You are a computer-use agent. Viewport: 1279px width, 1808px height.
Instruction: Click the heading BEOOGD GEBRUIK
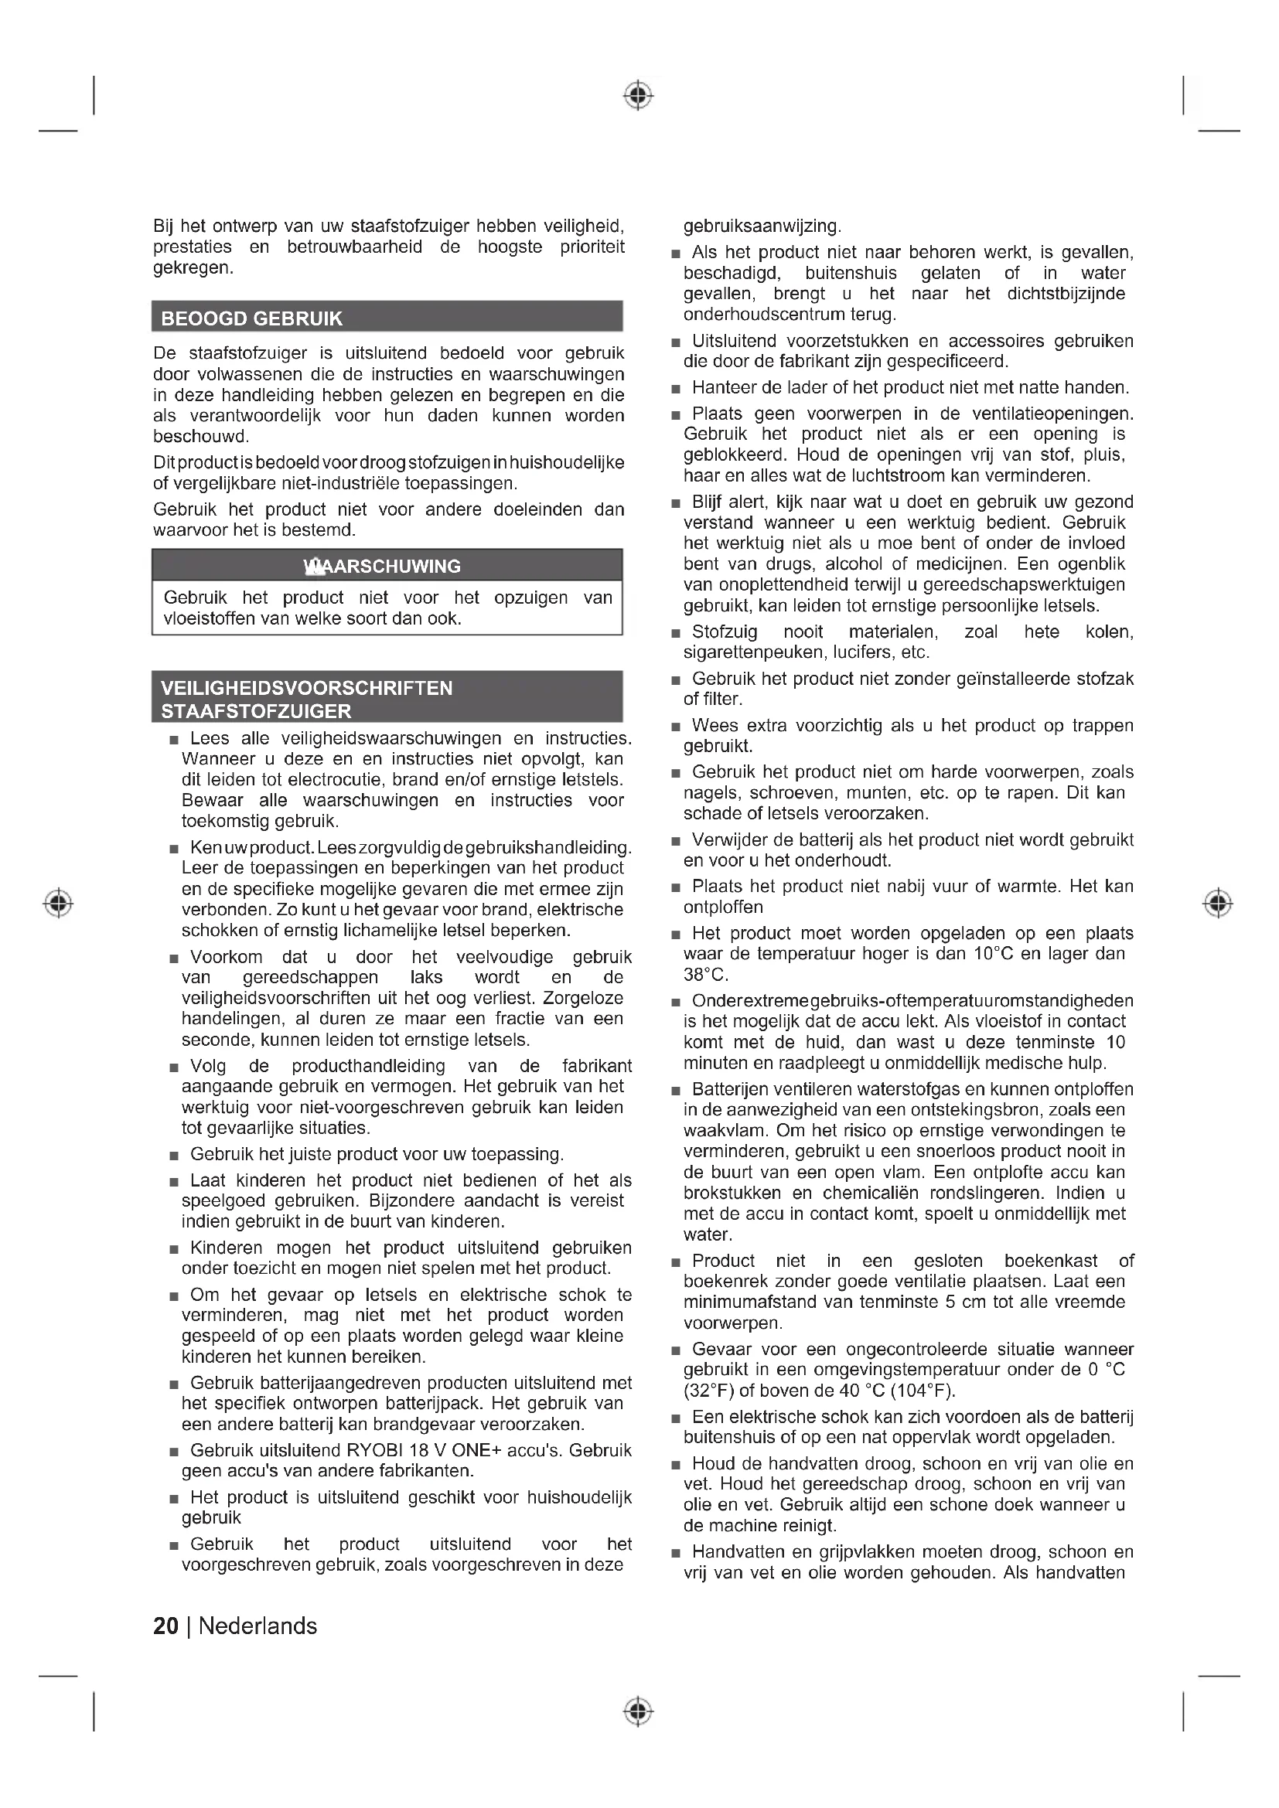pyautogui.click(x=252, y=319)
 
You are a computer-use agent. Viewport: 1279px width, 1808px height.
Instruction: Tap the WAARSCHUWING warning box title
pyautogui.click(x=383, y=566)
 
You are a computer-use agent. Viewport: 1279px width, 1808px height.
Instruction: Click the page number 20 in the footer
pyautogui.click(x=165, y=1626)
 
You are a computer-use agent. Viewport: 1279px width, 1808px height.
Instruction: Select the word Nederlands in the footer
pyautogui.click(x=258, y=1626)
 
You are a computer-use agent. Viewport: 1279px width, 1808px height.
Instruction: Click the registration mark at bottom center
pyautogui.click(x=638, y=1711)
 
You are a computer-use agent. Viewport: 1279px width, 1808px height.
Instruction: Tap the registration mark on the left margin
pyautogui.click(x=58, y=902)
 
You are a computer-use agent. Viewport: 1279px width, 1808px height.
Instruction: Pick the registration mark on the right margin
pyautogui.click(x=1218, y=902)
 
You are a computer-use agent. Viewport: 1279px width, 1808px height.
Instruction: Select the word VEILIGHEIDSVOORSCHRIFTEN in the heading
pyautogui.click(x=307, y=688)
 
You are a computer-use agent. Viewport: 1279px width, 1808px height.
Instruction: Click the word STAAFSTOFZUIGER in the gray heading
pyautogui.click(x=257, y=711)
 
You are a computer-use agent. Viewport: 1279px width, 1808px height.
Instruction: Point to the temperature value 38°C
pyautogui.click(x=706, y=975)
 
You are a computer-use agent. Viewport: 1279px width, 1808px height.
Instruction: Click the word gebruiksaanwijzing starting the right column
pyautogui.click(x=762, y=226)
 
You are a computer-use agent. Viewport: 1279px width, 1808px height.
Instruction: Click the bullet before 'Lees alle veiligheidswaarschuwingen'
pyautogui.click(x=174, y=741)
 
